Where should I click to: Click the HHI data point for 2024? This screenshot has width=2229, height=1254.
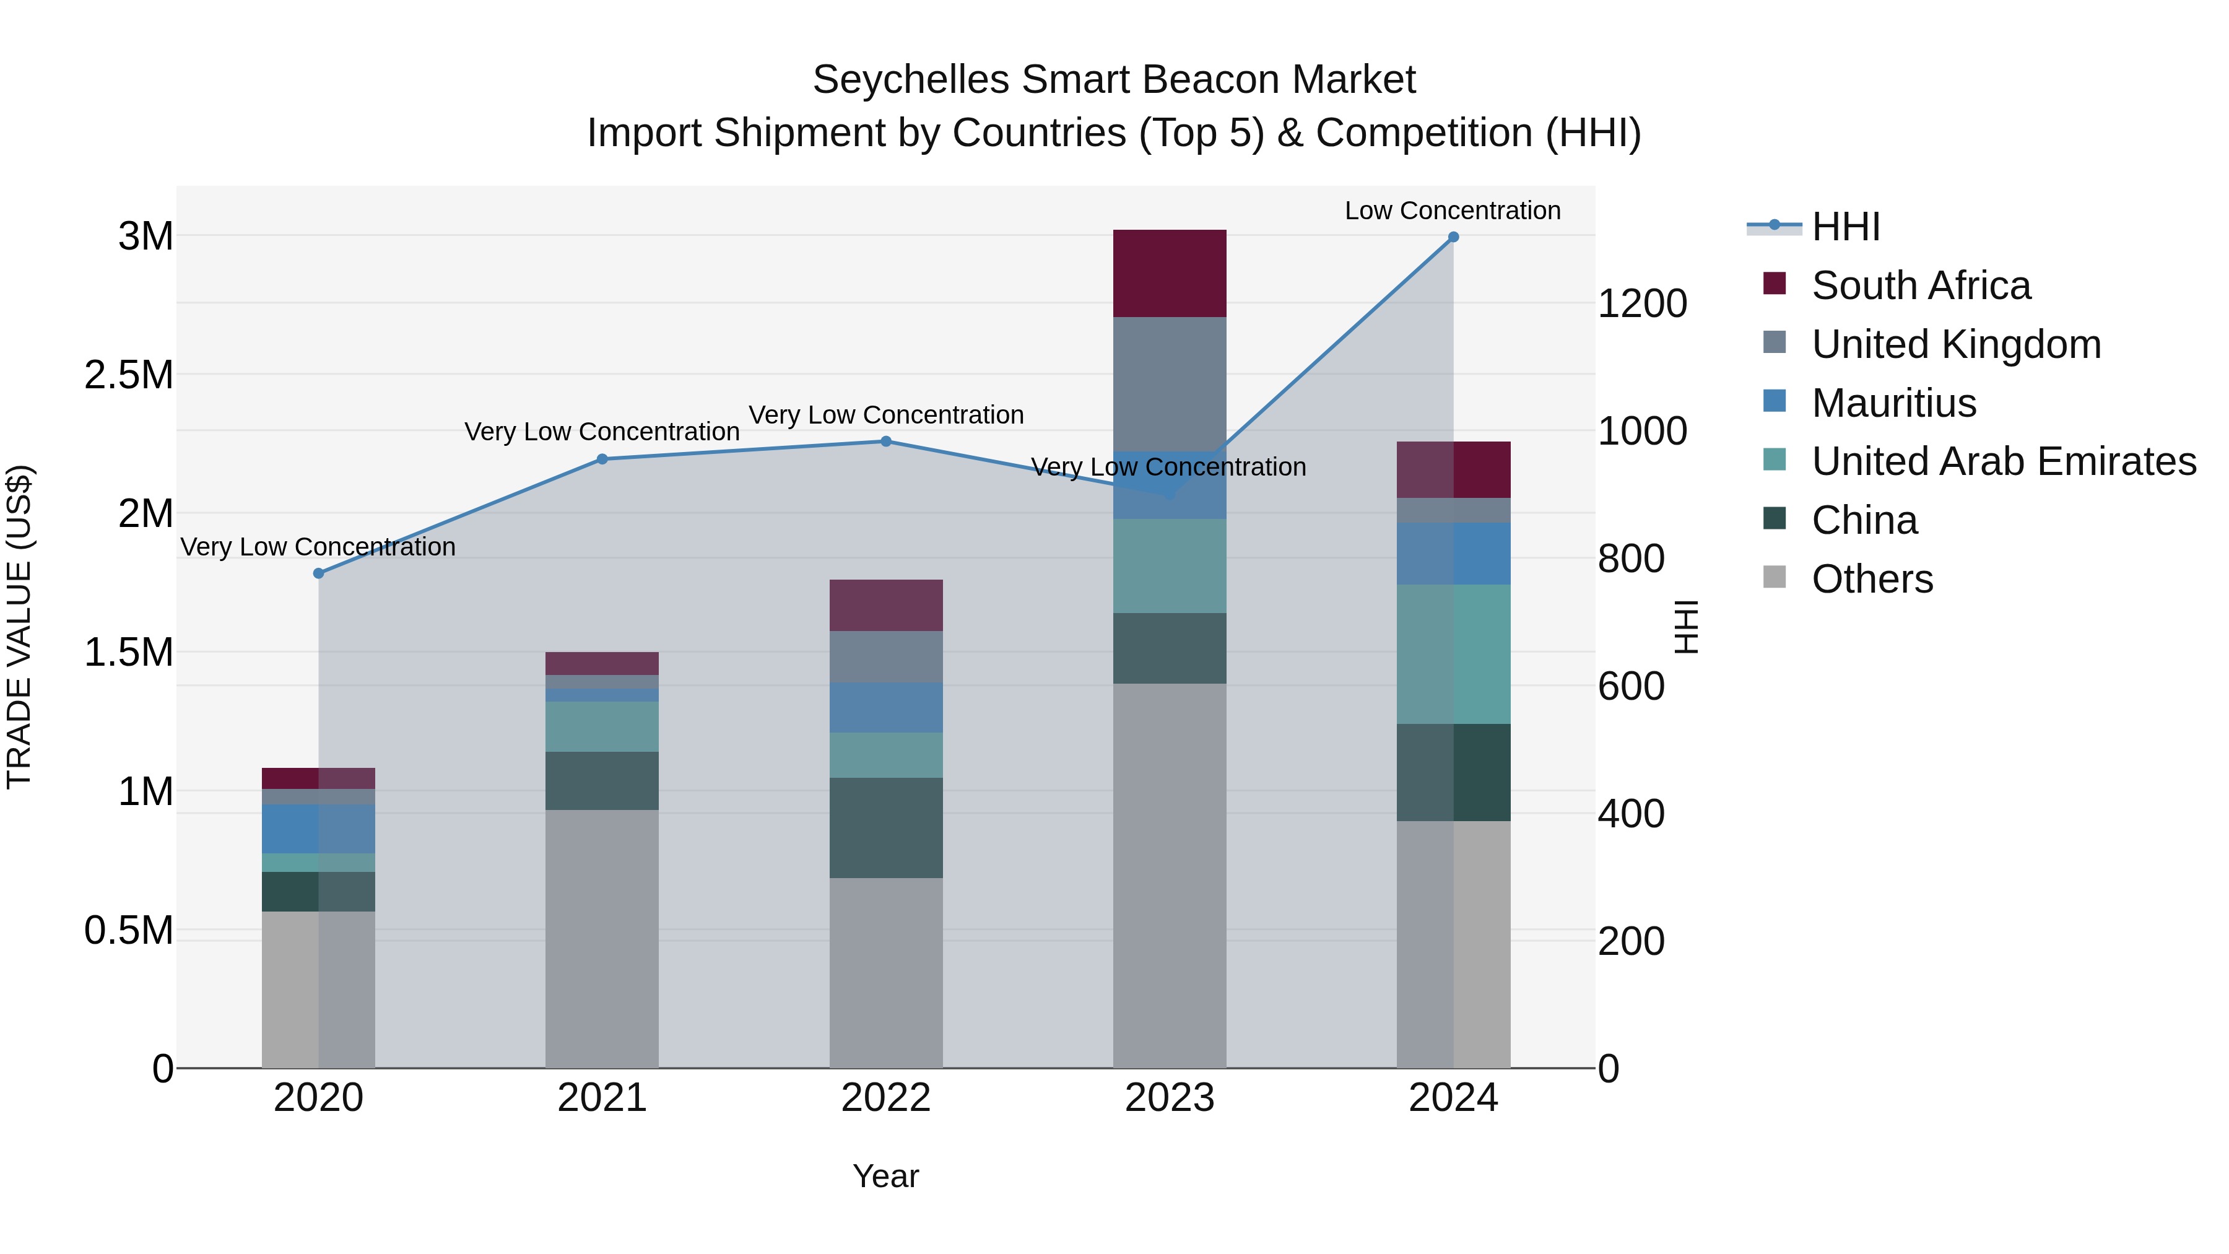(x=1453, y=237)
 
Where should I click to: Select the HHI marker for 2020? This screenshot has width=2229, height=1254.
(x=318, y=573)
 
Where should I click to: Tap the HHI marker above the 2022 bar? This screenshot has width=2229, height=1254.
(x=885, y=442)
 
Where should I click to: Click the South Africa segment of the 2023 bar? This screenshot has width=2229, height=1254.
(x=1169, y=274)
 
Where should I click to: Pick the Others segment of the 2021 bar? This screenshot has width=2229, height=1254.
(x=601, y=938)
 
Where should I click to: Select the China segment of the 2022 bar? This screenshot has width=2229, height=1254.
(x=885, y=827)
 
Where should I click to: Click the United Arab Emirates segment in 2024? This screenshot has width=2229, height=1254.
(x=1453, y=655)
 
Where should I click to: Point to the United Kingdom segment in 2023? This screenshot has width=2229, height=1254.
(x=1169, y=383)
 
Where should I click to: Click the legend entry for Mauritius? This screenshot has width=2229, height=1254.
(x=1893, y=403)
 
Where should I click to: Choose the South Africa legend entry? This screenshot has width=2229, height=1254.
(x=1920, y=285)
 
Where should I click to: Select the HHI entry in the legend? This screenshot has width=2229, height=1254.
(x=1845, y=227)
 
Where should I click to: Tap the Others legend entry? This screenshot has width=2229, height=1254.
(x=1872, y=579)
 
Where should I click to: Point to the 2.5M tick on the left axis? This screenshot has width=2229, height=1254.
(x=129, y=375)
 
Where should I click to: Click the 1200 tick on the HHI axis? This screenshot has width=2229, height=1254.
(x=1641, y=304)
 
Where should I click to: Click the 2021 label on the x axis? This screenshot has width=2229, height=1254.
(x=601, y=1098)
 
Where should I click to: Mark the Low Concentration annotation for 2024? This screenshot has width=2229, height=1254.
(x=1452, y=211)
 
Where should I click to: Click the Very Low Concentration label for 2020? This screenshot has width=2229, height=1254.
(x=318, y=547)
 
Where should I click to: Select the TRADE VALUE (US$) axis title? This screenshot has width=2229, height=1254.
(x=19, y=627)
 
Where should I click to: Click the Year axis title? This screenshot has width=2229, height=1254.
(x=885, y=1176)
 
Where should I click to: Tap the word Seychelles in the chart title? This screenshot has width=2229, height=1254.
(x=910, y=80)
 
